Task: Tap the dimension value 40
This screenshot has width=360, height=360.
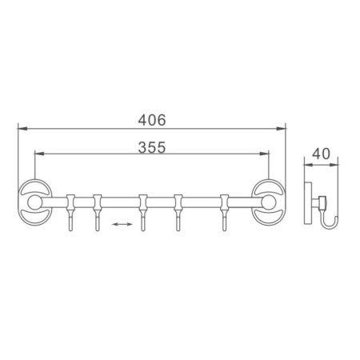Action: (322, 152)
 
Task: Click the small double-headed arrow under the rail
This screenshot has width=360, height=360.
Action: (122, 226)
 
